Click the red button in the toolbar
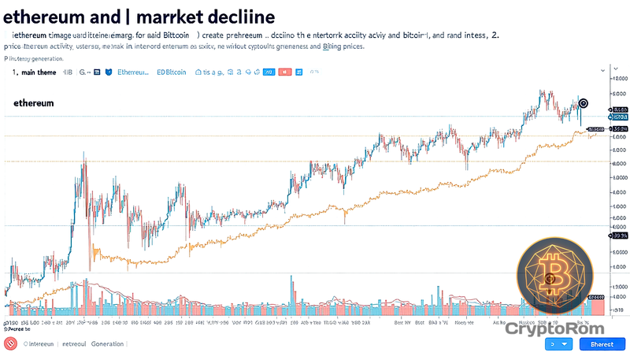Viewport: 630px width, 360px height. click(284, 72)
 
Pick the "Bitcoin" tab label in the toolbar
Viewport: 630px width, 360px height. click(172, 72)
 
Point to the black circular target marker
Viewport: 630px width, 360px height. click(583, 102)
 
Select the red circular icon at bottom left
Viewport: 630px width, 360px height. click(10, 344)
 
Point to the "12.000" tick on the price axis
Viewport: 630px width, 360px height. click(619, 79)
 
